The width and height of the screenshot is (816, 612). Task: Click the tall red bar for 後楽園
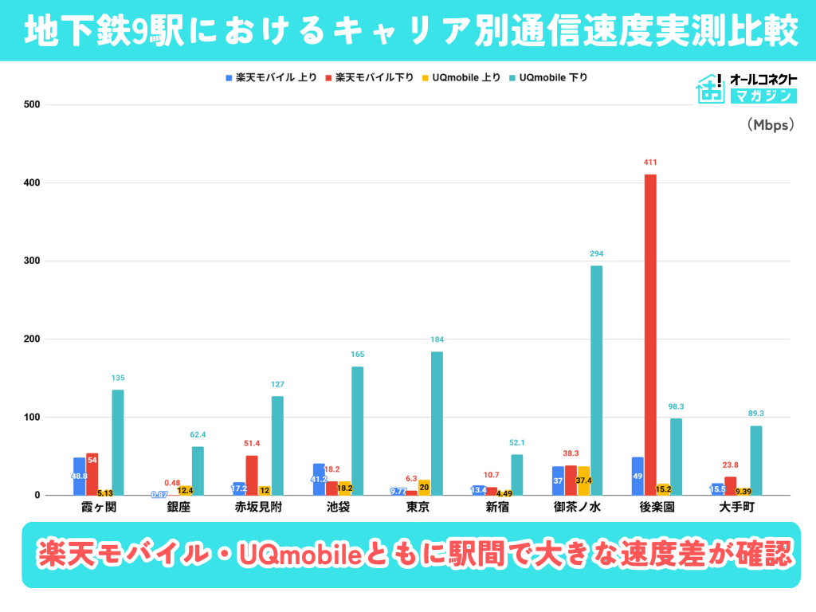click(x=650, y=335)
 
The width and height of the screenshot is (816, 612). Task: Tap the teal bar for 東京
click(x=437, y=423)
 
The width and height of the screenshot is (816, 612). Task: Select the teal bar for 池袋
click(x=357, y=430)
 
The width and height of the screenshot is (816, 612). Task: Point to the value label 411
click(x=650, y=163)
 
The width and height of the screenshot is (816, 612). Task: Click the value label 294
click(x=596, y=253)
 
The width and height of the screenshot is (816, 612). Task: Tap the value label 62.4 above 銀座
click(x=198, y=434)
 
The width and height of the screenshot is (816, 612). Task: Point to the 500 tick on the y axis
click(x=31, y=105)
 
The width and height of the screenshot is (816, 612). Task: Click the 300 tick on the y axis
click(x=31, y=261)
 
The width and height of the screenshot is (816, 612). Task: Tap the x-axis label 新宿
click(x=497, y=507)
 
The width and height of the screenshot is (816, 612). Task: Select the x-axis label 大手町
click(x=736, y=507)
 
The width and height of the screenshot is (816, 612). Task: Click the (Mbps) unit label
click(x=771, y=125)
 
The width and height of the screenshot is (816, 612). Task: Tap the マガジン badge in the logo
click(x=763, y=96)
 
